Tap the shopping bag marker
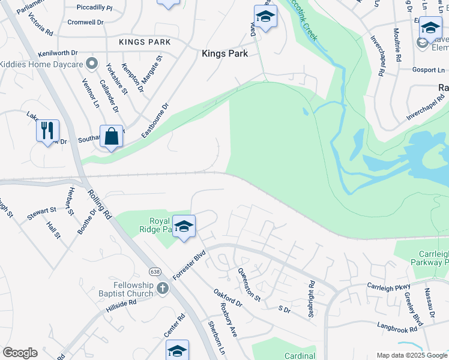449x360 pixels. pos(112,136)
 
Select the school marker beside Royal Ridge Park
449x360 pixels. pos(184,226)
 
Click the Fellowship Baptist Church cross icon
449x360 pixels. pos(161,289)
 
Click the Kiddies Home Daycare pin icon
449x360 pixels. pos(92,63)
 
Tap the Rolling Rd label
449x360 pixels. pos(100,205)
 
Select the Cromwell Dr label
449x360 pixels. pos(86,22)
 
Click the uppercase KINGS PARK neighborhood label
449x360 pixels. pos(145,42)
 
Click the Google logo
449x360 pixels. pos(20,353)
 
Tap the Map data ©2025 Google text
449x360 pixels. pos(411,355)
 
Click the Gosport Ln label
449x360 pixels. pos(428,70)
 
